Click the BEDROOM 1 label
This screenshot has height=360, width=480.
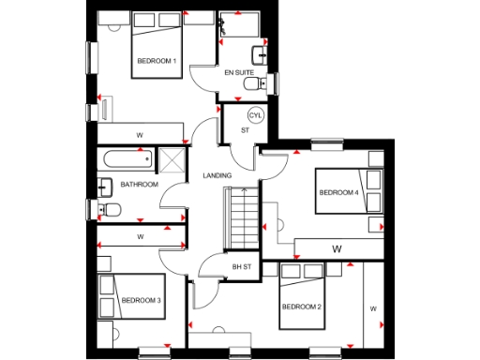[x=156, y=61]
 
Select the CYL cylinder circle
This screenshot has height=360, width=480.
[x=253, y=115]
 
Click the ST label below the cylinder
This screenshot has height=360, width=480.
[x=245, y=131]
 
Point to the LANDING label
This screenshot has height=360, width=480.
[x=217, y=175]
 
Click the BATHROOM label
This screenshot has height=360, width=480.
[x=139, y=185]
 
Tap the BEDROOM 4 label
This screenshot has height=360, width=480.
[x=338, y=192]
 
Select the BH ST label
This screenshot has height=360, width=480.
[x=243, y=267]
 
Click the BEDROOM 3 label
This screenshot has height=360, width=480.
[x=141, y=300]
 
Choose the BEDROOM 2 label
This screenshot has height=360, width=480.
[x=302, y=307]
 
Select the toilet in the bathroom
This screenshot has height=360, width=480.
[x=108, y=207]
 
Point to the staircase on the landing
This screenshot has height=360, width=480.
[x=242, y=217]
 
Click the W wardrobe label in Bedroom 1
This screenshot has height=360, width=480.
[x=140, y=136]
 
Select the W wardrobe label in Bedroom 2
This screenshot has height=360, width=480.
[x=372, y=307]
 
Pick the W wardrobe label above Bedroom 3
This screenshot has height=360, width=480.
[x=140, y=236]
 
